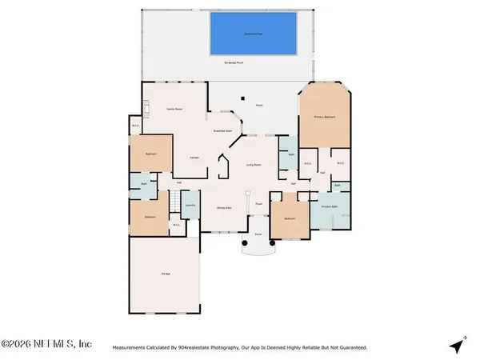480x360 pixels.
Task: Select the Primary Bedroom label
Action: pyautogui.click(x=324, y=118)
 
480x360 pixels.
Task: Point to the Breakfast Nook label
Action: pyautogui.click(x=222, y=130)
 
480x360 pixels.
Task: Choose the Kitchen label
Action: pyautogui.click(x=194, y=158)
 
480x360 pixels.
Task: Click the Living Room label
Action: pyautogui.click(x=254, y=166)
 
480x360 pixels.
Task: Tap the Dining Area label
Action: pyautogui.click(x=224, y=207)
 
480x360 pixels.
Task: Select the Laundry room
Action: pyautogui.click(x=190, y=206)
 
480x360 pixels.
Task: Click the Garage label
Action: pyautogui.click(x=166, y=274)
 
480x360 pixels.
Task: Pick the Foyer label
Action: pyautogui.click(x=259, y=204)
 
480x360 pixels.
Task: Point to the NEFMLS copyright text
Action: pyautogui.click(x=46, y=345)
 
